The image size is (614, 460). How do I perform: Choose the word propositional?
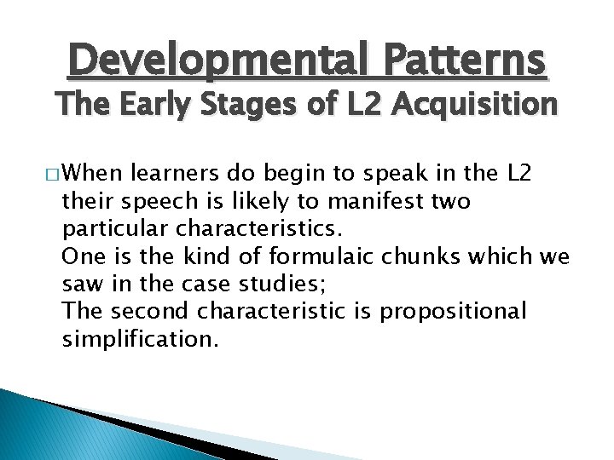click(x=455, y=311)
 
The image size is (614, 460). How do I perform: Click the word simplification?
click(x=140, y=340)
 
